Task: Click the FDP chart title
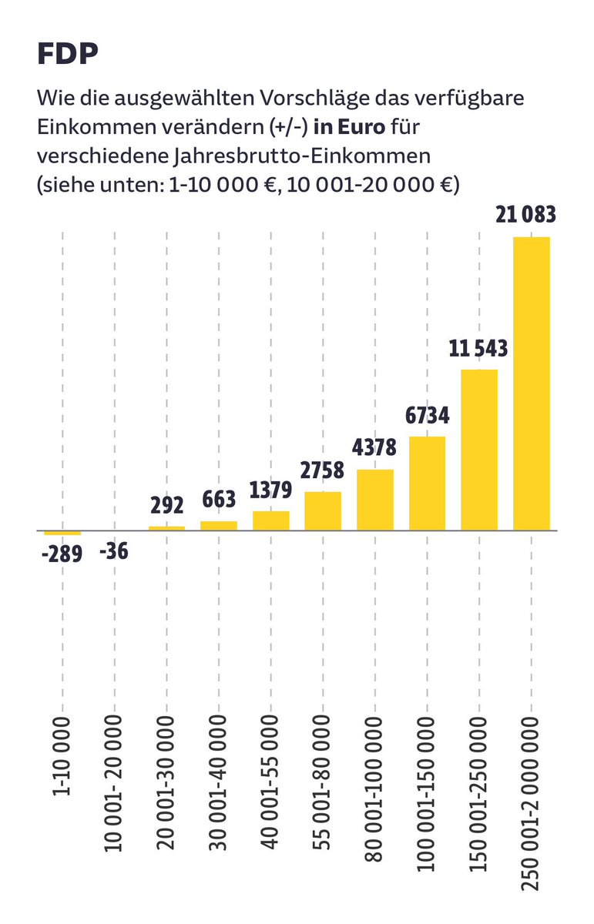(67, 55)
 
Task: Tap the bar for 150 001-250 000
(479, 450)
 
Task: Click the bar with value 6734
(427, 484)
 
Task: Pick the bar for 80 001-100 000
(375, 500)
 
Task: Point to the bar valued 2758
(323, 511)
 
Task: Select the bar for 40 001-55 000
(271, 521)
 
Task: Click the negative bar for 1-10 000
(62, 533)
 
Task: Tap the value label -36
(114, 551)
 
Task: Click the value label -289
(62, 554)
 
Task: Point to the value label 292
(166, 506)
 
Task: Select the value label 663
(219, 500)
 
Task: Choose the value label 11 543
(478, 349)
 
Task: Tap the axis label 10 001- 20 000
(115, 782)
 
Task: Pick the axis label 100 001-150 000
(428, 792)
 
